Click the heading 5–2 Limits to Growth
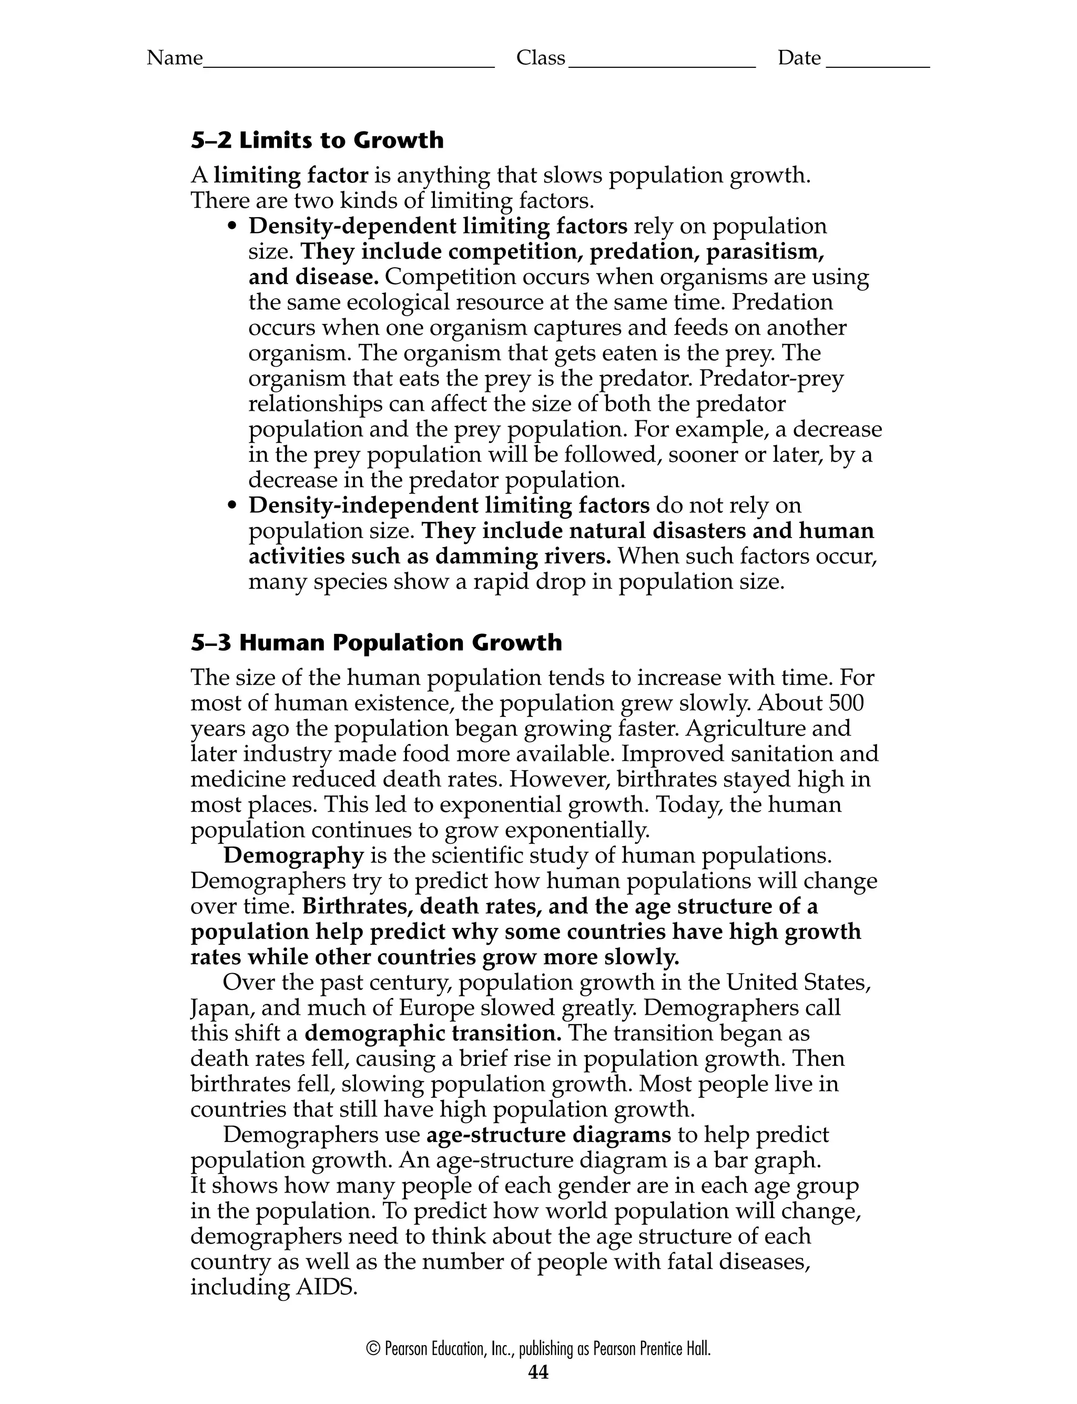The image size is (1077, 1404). [x=317, y=140]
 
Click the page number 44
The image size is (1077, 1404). [x=538, y=1371]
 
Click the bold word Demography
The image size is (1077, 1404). [x=293, y=855]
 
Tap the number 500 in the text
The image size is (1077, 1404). [x=846, y=703]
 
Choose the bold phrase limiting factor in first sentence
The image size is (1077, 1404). [x=291, y=175]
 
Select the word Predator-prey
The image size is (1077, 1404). [x=771, y=379]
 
